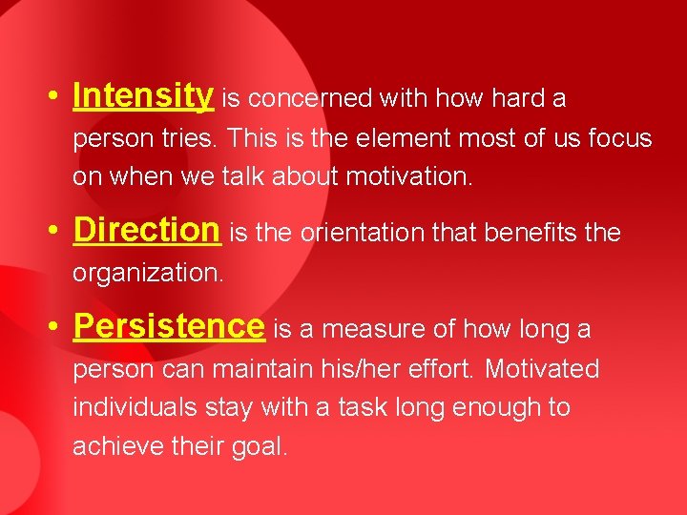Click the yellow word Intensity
coord(143,96)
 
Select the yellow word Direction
coord(146,231)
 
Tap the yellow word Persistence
coord(168,327)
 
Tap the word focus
coord(619,139)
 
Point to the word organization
coord(148,274)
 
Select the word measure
coord(364,329)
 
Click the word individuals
coord(132,407)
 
